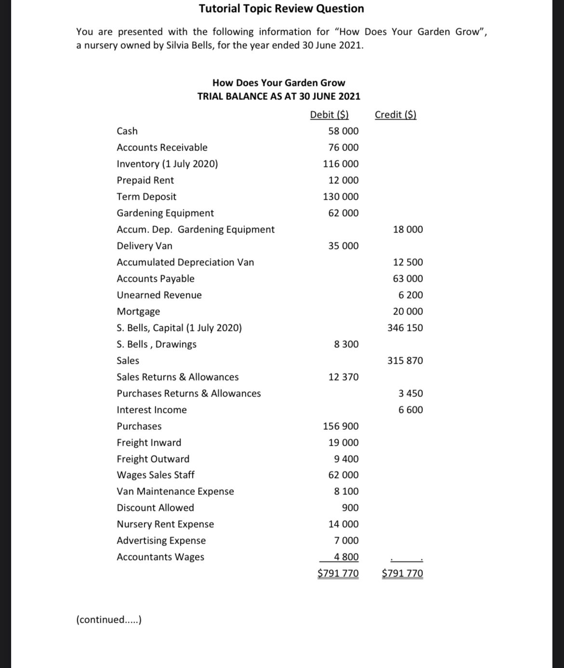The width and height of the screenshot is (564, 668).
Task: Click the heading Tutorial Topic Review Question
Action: (282, 9)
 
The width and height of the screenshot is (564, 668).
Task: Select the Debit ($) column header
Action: (329, 115)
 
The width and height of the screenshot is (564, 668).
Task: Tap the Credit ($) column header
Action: (395, 115)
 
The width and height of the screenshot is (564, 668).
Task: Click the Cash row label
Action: (127, 131)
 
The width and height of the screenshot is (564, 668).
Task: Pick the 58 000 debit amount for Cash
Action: (343, 131)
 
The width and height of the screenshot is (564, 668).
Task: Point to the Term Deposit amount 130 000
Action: (340, 197)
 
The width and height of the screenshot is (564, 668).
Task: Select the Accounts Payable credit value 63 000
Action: (408, 279)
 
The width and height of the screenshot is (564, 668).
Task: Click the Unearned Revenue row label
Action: (159, 295)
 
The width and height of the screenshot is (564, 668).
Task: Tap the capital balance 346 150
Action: (405, 328)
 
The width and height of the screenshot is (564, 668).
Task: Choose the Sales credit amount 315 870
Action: (405, 361)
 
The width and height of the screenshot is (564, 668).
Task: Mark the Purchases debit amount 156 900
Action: (340, 426)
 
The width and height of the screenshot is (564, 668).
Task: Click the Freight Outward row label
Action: (153, 459)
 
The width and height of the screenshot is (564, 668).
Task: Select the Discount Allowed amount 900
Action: (350, 508)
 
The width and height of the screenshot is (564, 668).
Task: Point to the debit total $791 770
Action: (338, 573)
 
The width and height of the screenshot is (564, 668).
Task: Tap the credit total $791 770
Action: (402, 573)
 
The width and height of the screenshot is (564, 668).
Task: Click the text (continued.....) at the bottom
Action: (108, 620)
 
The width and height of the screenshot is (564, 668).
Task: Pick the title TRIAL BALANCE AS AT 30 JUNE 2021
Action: (279, 96)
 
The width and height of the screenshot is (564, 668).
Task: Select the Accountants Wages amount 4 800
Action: (346, 557)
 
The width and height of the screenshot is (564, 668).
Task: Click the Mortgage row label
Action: (138, 312)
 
